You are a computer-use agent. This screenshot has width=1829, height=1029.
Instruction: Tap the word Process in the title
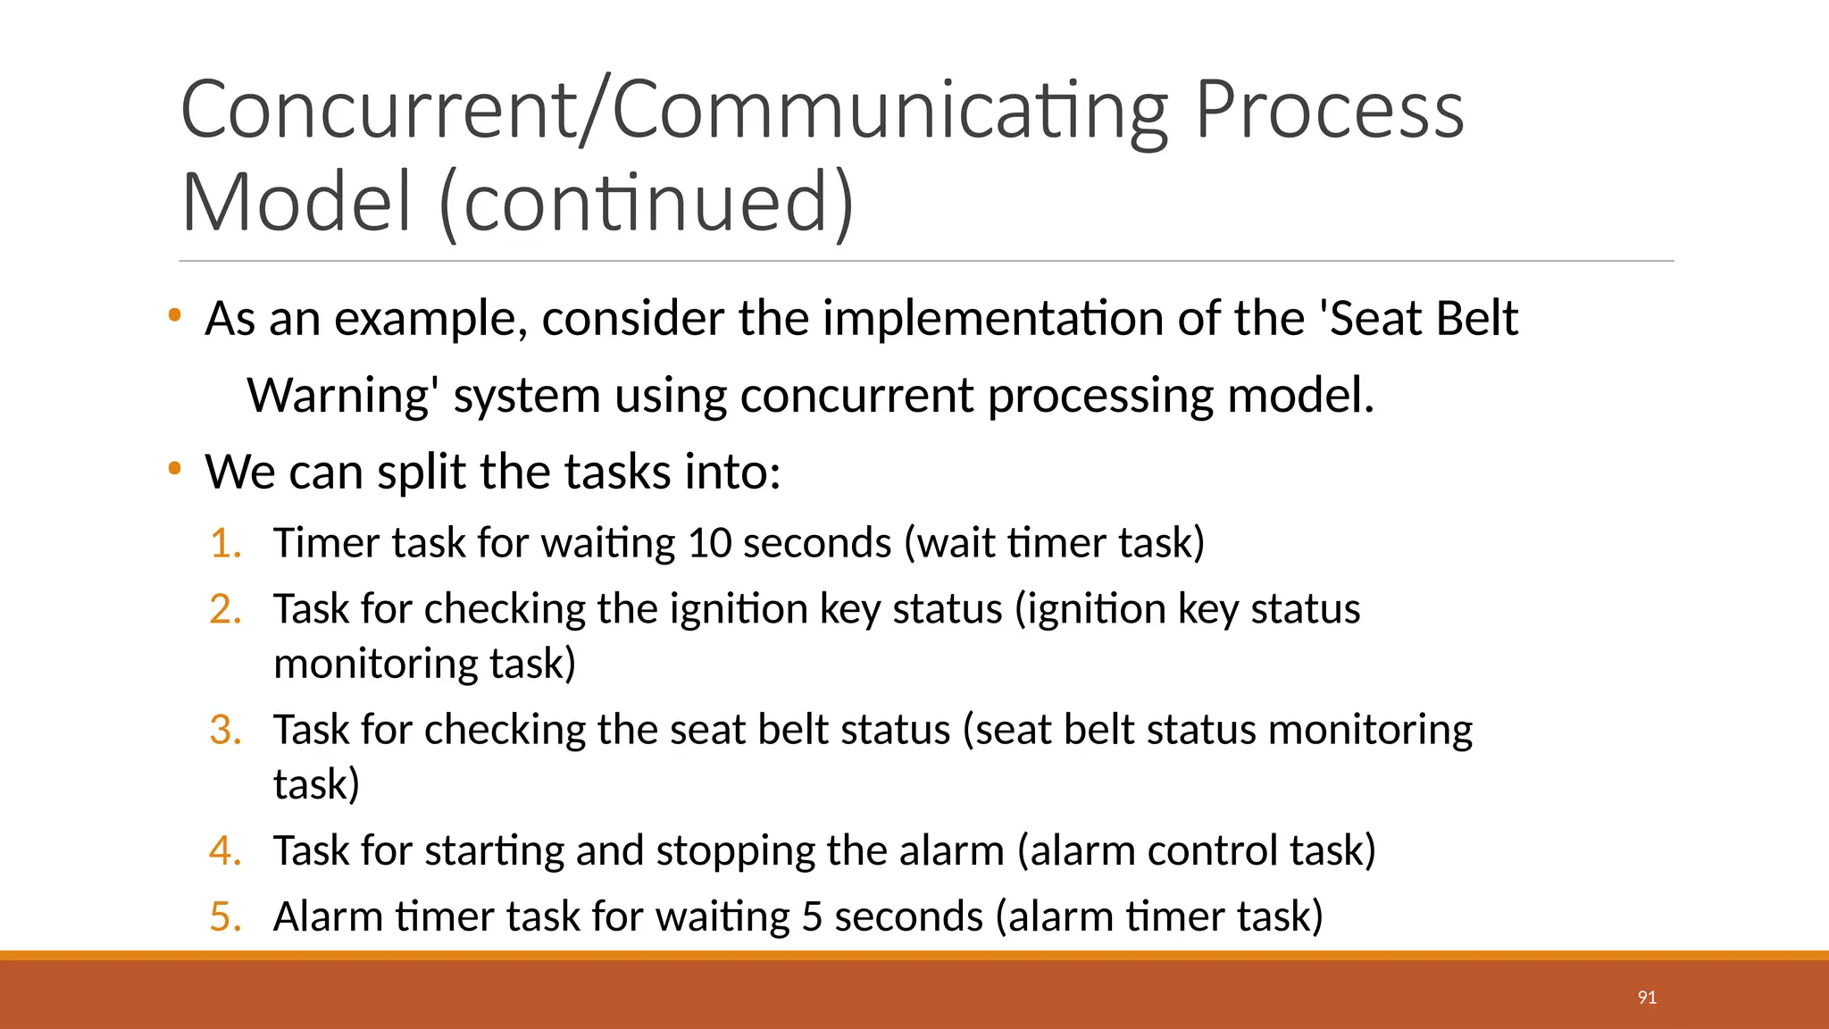tap(1329, 111)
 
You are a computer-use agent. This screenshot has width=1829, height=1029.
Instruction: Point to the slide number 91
tap(1647, 998)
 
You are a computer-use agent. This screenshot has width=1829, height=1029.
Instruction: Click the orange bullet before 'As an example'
tap(175, 315)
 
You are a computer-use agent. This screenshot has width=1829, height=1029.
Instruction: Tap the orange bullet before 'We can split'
tap(175, 468)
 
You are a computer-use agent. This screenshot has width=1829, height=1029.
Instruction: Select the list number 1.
tap(226, 543)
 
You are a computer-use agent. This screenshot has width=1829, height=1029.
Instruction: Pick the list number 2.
tap(226, 609)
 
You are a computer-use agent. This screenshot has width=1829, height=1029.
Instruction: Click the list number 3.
tap(226, 730)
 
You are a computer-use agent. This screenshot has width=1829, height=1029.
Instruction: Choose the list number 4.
tap(226, 850)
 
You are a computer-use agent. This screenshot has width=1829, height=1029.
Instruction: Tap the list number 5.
tap(226, 916)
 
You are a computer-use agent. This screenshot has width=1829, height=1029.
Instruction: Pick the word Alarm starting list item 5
tap(328, 916)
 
